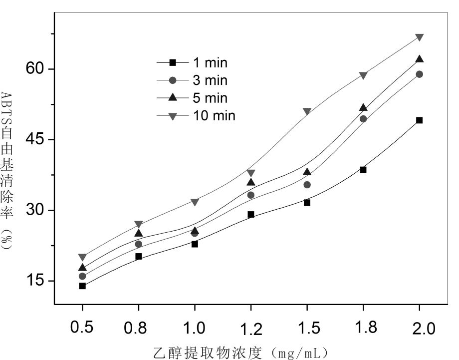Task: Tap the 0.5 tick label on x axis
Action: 82,329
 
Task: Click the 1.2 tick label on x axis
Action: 250,329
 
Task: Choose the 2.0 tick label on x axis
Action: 419,329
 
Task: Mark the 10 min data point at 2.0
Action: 420,37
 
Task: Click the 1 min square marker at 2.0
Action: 420,120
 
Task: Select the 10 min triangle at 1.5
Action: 307,111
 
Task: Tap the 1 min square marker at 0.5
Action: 82,286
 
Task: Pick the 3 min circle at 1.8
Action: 363,119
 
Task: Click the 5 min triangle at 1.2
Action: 251,182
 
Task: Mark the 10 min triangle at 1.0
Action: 195,202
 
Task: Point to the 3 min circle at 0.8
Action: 138,244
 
